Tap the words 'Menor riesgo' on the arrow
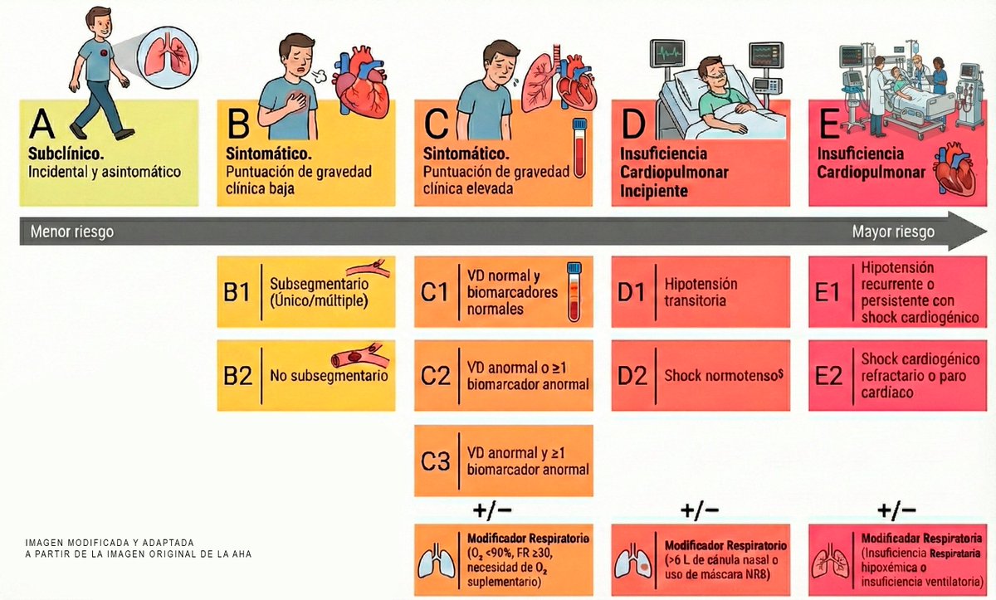tap(72, 232)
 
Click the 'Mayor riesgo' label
tap(893, 232)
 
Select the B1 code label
tap(238, 292)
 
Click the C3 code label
tap(435, 461)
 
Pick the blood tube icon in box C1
tap(574, 291)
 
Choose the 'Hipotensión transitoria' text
tap(701, 292)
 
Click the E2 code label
tap(829, 375)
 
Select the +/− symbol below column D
tap(700, 510)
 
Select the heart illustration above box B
tap(361, 81)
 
